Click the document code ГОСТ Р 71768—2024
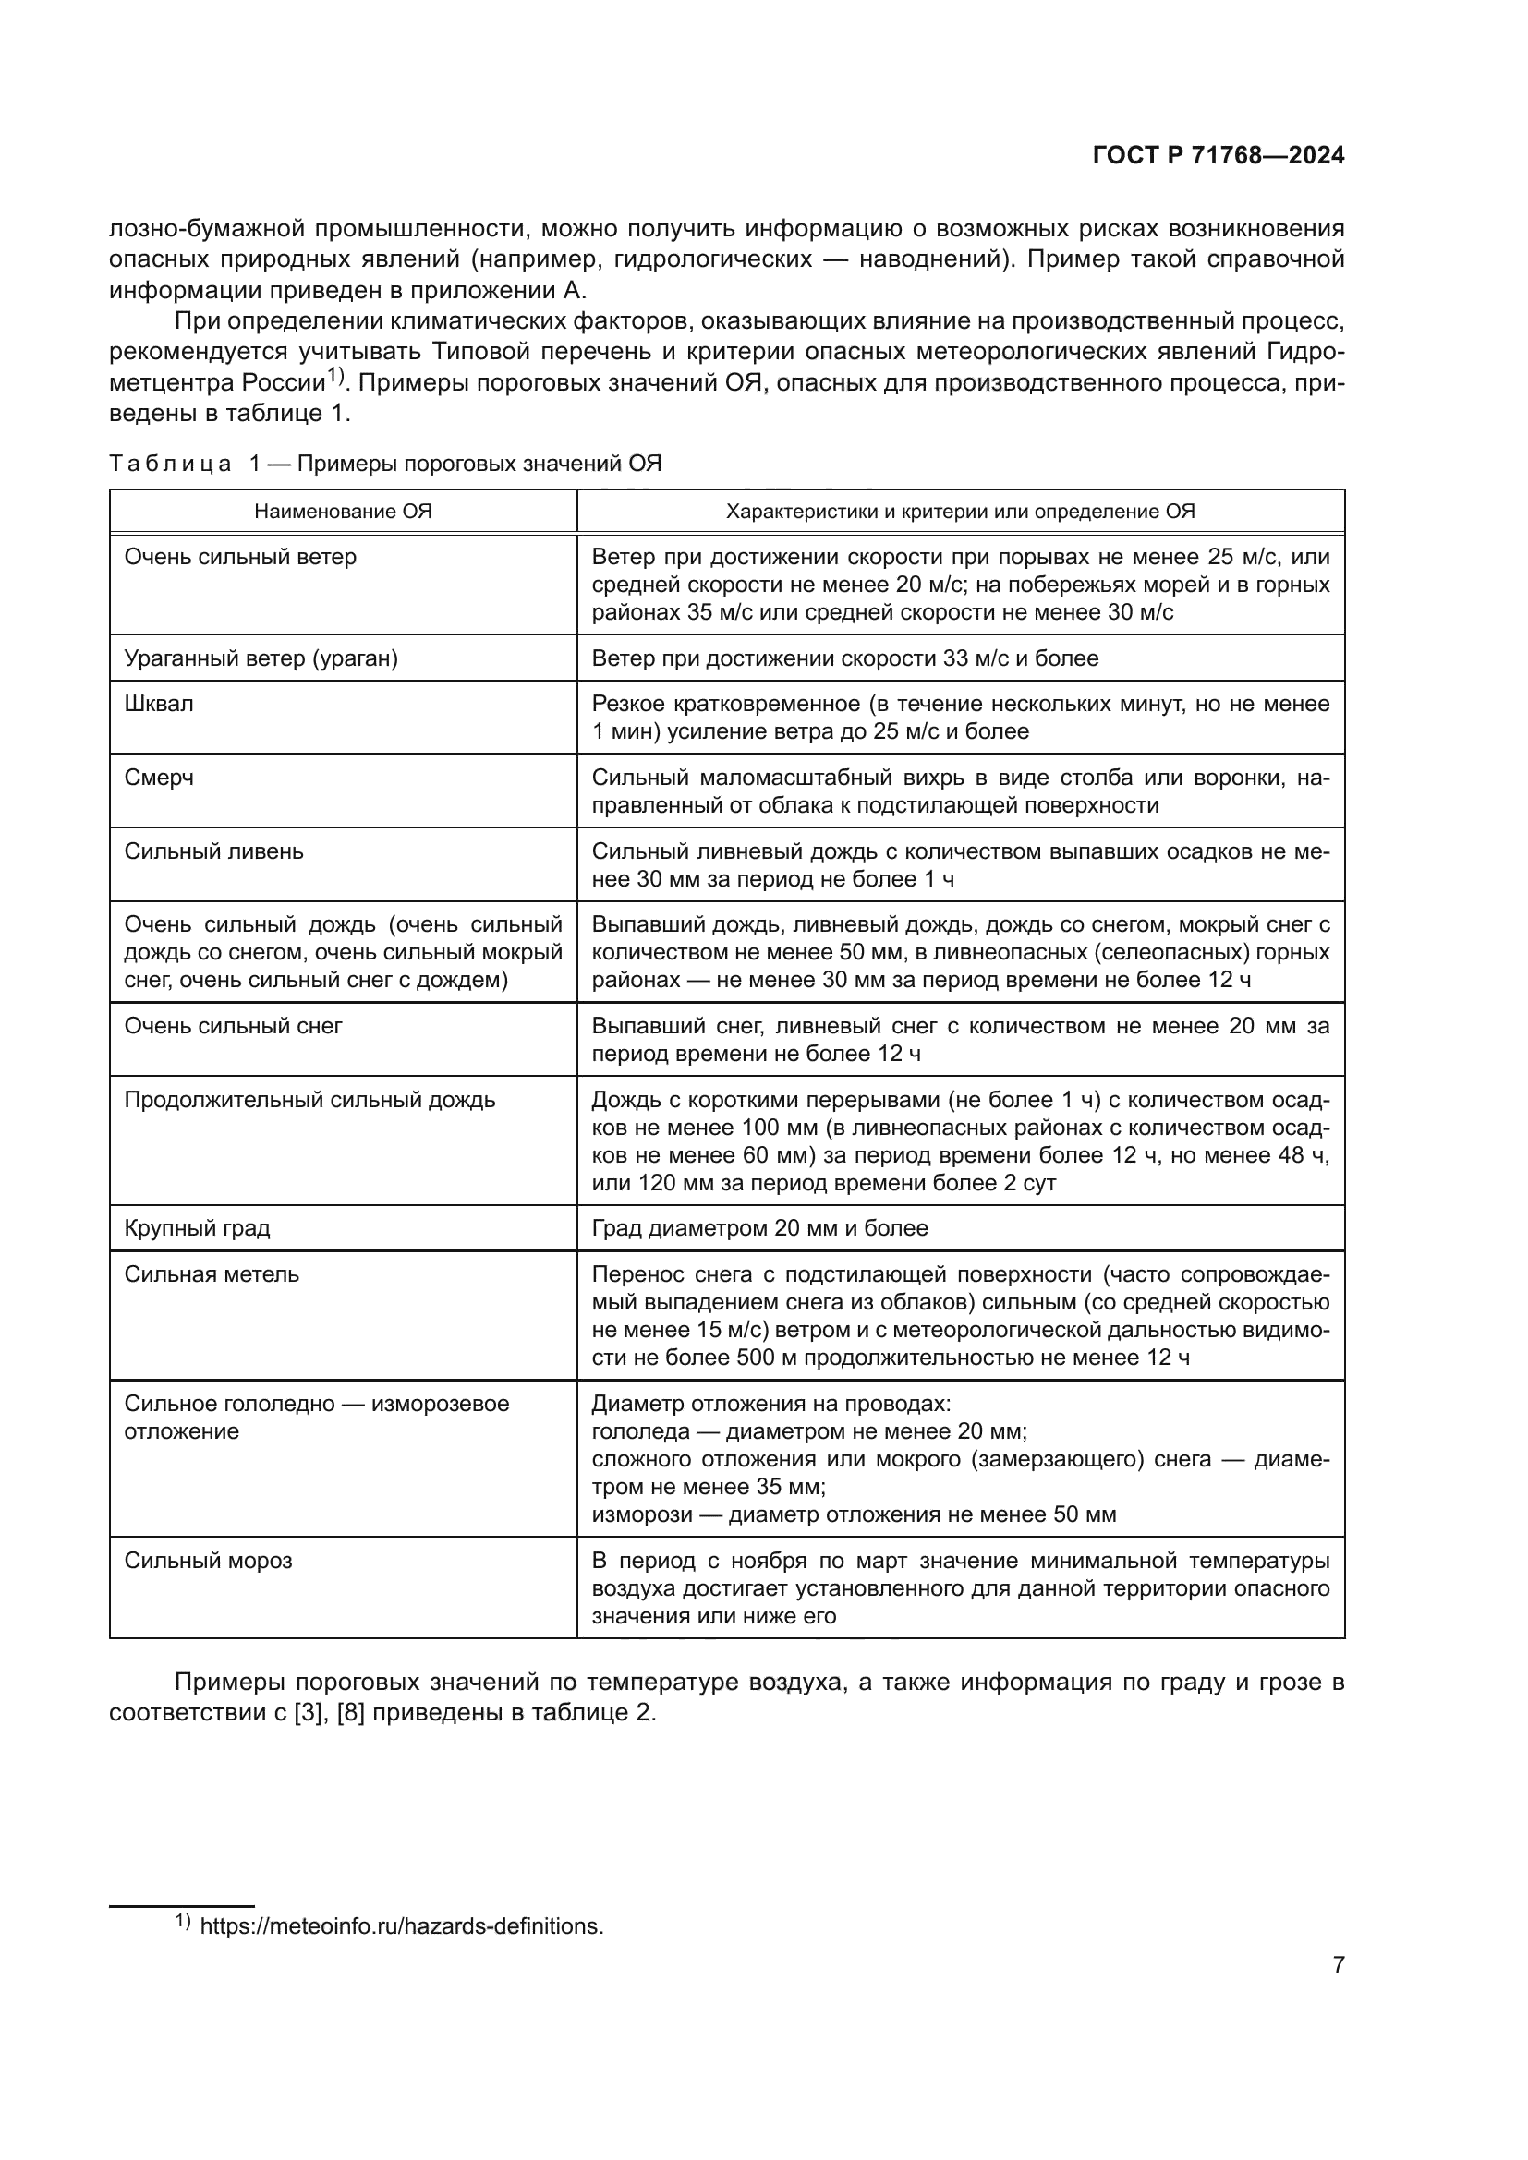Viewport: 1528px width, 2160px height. coord(1218,156)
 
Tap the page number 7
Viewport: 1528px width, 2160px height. coord(1338,1964)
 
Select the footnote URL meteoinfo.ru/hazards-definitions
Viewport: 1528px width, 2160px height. coord(402,1925)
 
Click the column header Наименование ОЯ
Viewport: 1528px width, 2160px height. coord(343,512)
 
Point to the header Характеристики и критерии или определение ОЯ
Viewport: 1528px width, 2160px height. coord(960,512)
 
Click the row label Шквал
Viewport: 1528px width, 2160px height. coord(159,704)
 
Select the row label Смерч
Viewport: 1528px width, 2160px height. coord(159,778)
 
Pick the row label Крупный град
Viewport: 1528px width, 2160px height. coord(197,1227)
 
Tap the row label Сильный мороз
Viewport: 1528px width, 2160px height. coord(208,1561)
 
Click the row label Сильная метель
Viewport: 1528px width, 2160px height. coord(212,1274)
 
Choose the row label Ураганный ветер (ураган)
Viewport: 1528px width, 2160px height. coord(261,658)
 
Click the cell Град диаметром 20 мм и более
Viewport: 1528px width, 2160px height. coord(759,1227)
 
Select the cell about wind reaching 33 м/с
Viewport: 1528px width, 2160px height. coord(844,658)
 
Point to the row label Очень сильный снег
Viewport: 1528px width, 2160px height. coord(234,1026)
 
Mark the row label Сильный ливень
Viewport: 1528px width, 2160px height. coord(213,851)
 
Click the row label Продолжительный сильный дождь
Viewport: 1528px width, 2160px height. coord(309,1100)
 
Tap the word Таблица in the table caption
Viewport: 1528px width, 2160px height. coord(170,464)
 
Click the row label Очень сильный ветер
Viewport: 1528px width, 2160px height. coord(240,557)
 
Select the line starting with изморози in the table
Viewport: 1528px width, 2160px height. coord(854,1514)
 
